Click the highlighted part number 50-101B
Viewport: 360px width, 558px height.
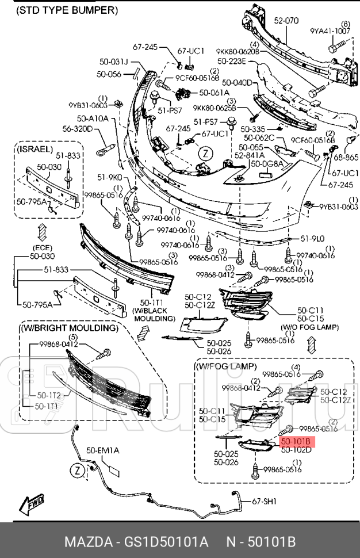[296, 441]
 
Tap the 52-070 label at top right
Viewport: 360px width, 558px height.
[286, 21]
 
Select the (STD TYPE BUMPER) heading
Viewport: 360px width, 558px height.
[67, 10]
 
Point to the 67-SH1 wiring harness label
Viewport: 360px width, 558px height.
[265, 502]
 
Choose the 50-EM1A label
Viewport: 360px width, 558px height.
[103, 450]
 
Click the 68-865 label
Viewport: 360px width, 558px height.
[345, 158]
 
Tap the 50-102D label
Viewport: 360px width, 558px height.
[296, 450]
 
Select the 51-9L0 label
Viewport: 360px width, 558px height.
[313, 238]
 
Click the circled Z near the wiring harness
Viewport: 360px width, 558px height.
[77, 470]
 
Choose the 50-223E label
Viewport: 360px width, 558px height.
[231, 61]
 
